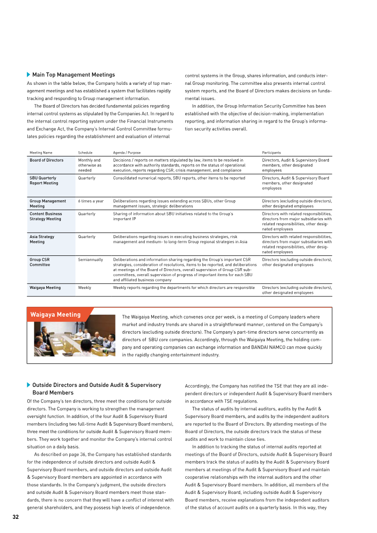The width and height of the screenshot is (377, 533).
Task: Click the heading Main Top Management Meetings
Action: pos(73,74)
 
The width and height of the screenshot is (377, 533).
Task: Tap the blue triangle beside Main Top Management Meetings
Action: pos(29,74)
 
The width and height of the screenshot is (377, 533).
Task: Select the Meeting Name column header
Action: pos(41,153)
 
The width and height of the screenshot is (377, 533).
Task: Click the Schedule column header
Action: pos(85,153)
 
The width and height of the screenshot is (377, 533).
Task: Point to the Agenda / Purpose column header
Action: pos(127,153)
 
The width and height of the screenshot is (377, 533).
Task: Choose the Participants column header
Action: pos(271,153)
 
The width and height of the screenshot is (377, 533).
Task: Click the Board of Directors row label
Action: pos(46,160)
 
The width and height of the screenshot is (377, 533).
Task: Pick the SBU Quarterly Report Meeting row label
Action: pos(44,180)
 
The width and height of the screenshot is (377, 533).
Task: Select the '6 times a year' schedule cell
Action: pos(90,201)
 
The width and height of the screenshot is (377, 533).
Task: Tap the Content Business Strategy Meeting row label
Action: pos(45,216)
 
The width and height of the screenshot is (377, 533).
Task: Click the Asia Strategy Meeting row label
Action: pos(42,239)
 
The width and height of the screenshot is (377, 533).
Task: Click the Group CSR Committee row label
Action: pos(40,262)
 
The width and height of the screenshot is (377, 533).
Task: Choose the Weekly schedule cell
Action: pos(84,287)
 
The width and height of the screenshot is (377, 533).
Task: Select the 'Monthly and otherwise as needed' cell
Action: pos(89,165)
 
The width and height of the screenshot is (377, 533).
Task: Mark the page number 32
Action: pos(16,517)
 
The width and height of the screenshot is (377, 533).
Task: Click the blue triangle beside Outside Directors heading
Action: pos(29,385)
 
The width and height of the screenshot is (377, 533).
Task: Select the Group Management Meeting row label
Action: pos(48,204)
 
